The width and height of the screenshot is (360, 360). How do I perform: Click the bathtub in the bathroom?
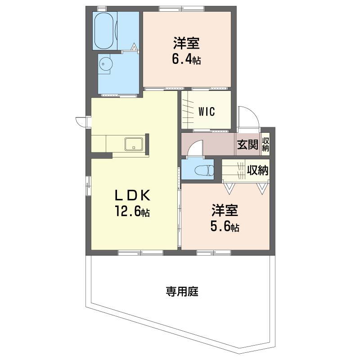pyautogui.click(x=104, y=31)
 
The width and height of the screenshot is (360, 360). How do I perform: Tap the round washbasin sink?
pyautogui.click(x=106, y=64)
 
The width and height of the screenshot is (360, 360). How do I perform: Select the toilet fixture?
pyautogui.click(x=204, y=170)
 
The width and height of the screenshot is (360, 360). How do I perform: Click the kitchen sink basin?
pyautogui.click(x=134, y=144)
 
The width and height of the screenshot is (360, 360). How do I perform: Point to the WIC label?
pyautogui.click(x=207, y=112)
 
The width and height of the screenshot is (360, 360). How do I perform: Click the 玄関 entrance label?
pyautogui.click(x=247, y=144)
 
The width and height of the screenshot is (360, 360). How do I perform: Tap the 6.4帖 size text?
pyautogui.click(x=186, y=59)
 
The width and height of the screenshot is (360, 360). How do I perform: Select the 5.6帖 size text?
pyautogui.click(x=225, y=227)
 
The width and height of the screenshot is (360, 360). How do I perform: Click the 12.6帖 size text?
pyautogui.click(x=132, y=211)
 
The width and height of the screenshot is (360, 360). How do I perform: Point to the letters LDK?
pyautogui.click(x=132, y=196)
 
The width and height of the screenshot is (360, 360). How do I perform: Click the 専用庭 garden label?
pyautogui.click(x=182, y=292)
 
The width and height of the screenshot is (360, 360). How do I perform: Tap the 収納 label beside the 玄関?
pyautogui.click(x=265, y=144)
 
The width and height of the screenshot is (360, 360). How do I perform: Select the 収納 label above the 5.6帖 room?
pyautogui.click(x=257, y=170)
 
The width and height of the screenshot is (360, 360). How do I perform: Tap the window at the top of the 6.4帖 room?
pyautogui.click(x=182, y=9)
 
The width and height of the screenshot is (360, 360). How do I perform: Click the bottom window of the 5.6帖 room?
pyautogui.click(x=213, y=253)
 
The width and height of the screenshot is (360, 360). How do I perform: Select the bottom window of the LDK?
pyautogui.click(x=140, y=253)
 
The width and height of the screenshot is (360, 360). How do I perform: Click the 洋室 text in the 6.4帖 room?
pyautogui.click(x=186, y=43)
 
